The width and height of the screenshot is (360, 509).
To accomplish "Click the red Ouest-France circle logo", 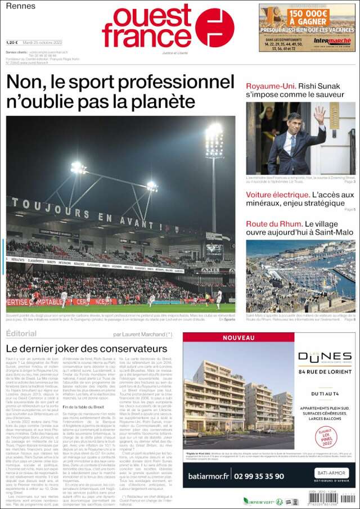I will (215, 28).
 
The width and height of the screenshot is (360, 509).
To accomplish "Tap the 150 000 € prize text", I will (305, 13).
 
